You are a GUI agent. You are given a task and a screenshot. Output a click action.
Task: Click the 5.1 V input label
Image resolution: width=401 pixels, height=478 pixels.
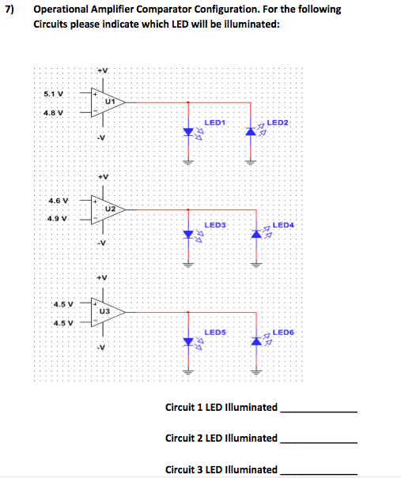(x=55, y=94)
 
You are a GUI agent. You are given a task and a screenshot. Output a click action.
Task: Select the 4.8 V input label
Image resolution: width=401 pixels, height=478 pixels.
(x=55, y=111)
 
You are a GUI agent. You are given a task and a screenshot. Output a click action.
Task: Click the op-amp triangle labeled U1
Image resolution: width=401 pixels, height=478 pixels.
(x=107, y=103)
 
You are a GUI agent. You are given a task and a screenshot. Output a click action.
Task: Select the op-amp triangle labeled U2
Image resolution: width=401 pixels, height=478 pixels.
(x=107, y=209)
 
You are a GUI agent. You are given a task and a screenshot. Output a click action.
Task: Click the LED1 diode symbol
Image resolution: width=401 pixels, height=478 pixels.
(x=188, y=132)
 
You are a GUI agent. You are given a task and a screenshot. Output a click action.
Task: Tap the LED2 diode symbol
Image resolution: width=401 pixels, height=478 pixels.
(x=254, y=132)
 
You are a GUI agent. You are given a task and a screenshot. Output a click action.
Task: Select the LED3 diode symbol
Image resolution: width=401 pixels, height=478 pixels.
(x=188, y=235)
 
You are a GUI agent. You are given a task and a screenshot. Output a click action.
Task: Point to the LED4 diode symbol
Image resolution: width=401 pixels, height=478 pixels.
(x=255, y=235)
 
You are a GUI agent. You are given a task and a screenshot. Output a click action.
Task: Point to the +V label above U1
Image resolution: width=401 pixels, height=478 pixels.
(x=101, y=71)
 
